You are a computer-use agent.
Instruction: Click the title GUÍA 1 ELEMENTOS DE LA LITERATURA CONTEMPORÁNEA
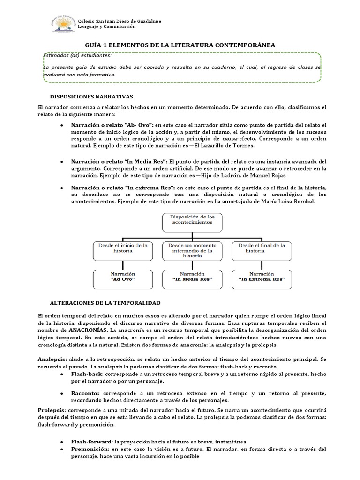180,45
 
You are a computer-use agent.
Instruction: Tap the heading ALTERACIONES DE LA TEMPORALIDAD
105,303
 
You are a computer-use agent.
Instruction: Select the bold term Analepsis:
52,358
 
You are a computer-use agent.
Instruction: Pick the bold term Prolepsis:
52,410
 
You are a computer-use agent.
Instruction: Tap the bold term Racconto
85,393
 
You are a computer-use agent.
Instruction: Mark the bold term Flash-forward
91,442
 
